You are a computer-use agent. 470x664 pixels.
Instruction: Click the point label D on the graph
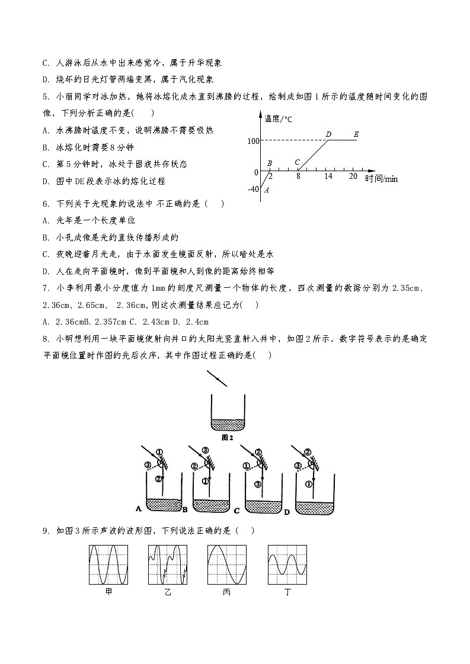click(328, 134)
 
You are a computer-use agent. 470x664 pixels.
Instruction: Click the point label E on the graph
click(356, 134)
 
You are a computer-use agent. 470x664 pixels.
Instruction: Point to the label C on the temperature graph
click(297, 162)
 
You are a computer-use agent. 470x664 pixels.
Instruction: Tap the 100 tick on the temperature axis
click(253, 141)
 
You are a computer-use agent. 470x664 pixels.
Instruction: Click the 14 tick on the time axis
click(328, 177)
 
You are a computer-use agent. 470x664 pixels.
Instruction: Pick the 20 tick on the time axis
click(353, 177)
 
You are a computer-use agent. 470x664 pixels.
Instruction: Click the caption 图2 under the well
click(228, 438)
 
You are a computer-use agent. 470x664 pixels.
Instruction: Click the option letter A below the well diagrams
click(138, 508)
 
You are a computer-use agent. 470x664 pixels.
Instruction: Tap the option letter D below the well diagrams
click(286, 512)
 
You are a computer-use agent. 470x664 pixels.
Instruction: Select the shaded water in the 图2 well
click(228, 425)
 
